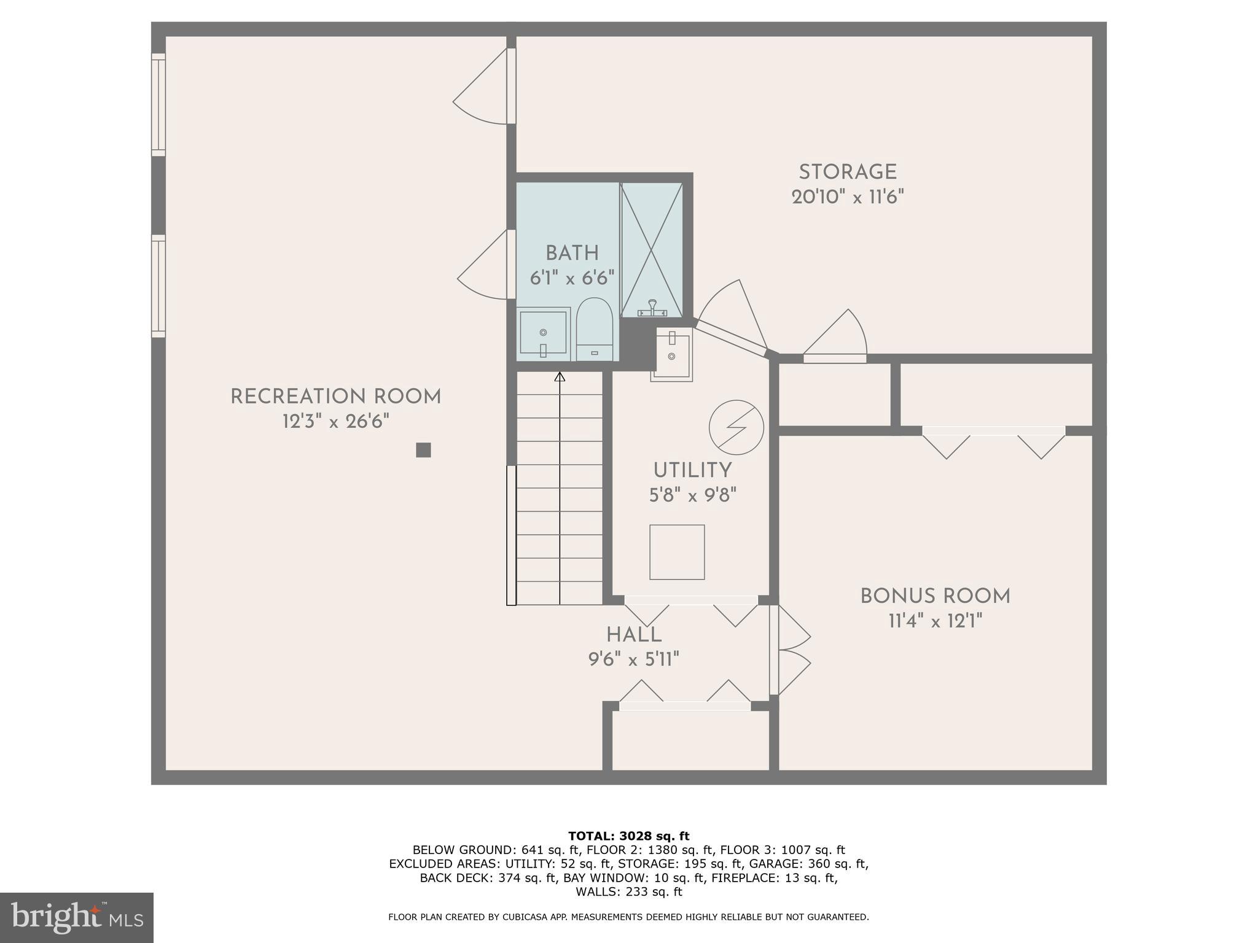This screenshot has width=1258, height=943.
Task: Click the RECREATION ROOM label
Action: click(335, 397)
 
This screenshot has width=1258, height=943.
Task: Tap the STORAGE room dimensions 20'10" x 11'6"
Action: click(848, 197)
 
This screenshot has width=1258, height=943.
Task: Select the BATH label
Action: click(572, 253)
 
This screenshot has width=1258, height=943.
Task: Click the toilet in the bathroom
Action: click(594, 330)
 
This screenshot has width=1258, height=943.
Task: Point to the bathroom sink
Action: click(543, 333)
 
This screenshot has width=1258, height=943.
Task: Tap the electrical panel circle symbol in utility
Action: click(736, 428)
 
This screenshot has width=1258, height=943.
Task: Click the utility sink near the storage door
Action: click(672, 354)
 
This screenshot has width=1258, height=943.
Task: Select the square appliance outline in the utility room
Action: click(677, 552)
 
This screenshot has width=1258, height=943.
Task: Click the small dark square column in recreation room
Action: click(423, 450)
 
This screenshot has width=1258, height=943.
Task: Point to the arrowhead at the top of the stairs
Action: click(560, 377)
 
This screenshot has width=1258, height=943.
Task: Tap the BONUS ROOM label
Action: click(935, 596)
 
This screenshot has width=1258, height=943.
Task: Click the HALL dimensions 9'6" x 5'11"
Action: click(633, 659)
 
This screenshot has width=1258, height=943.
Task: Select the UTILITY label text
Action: click(692, 470)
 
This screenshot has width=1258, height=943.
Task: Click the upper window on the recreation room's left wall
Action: click(158, 104)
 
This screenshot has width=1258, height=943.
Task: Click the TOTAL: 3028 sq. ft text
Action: click(628, 836)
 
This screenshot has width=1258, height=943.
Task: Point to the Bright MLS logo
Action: click(76, 917)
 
